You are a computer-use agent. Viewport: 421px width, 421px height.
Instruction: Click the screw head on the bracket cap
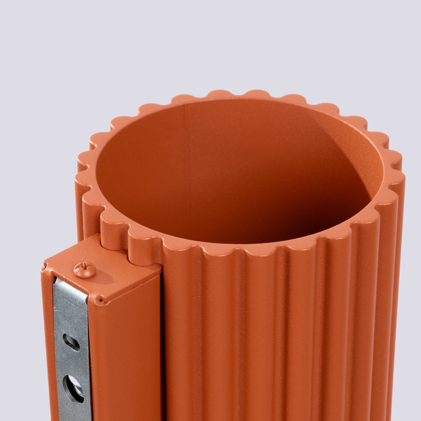pyautogui.click(x=84, y=270)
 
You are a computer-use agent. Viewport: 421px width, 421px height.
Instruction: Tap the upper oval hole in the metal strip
pyautogui.click(x=71, y=342)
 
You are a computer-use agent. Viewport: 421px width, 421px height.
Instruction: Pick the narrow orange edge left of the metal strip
pyautogui.click(x=49, y=349)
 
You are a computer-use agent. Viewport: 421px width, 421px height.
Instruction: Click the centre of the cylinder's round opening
pyautogui.click(x=238, y=170)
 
